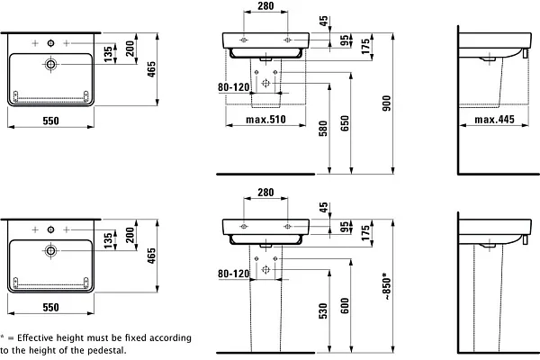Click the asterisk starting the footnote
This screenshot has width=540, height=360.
(4, 337)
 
